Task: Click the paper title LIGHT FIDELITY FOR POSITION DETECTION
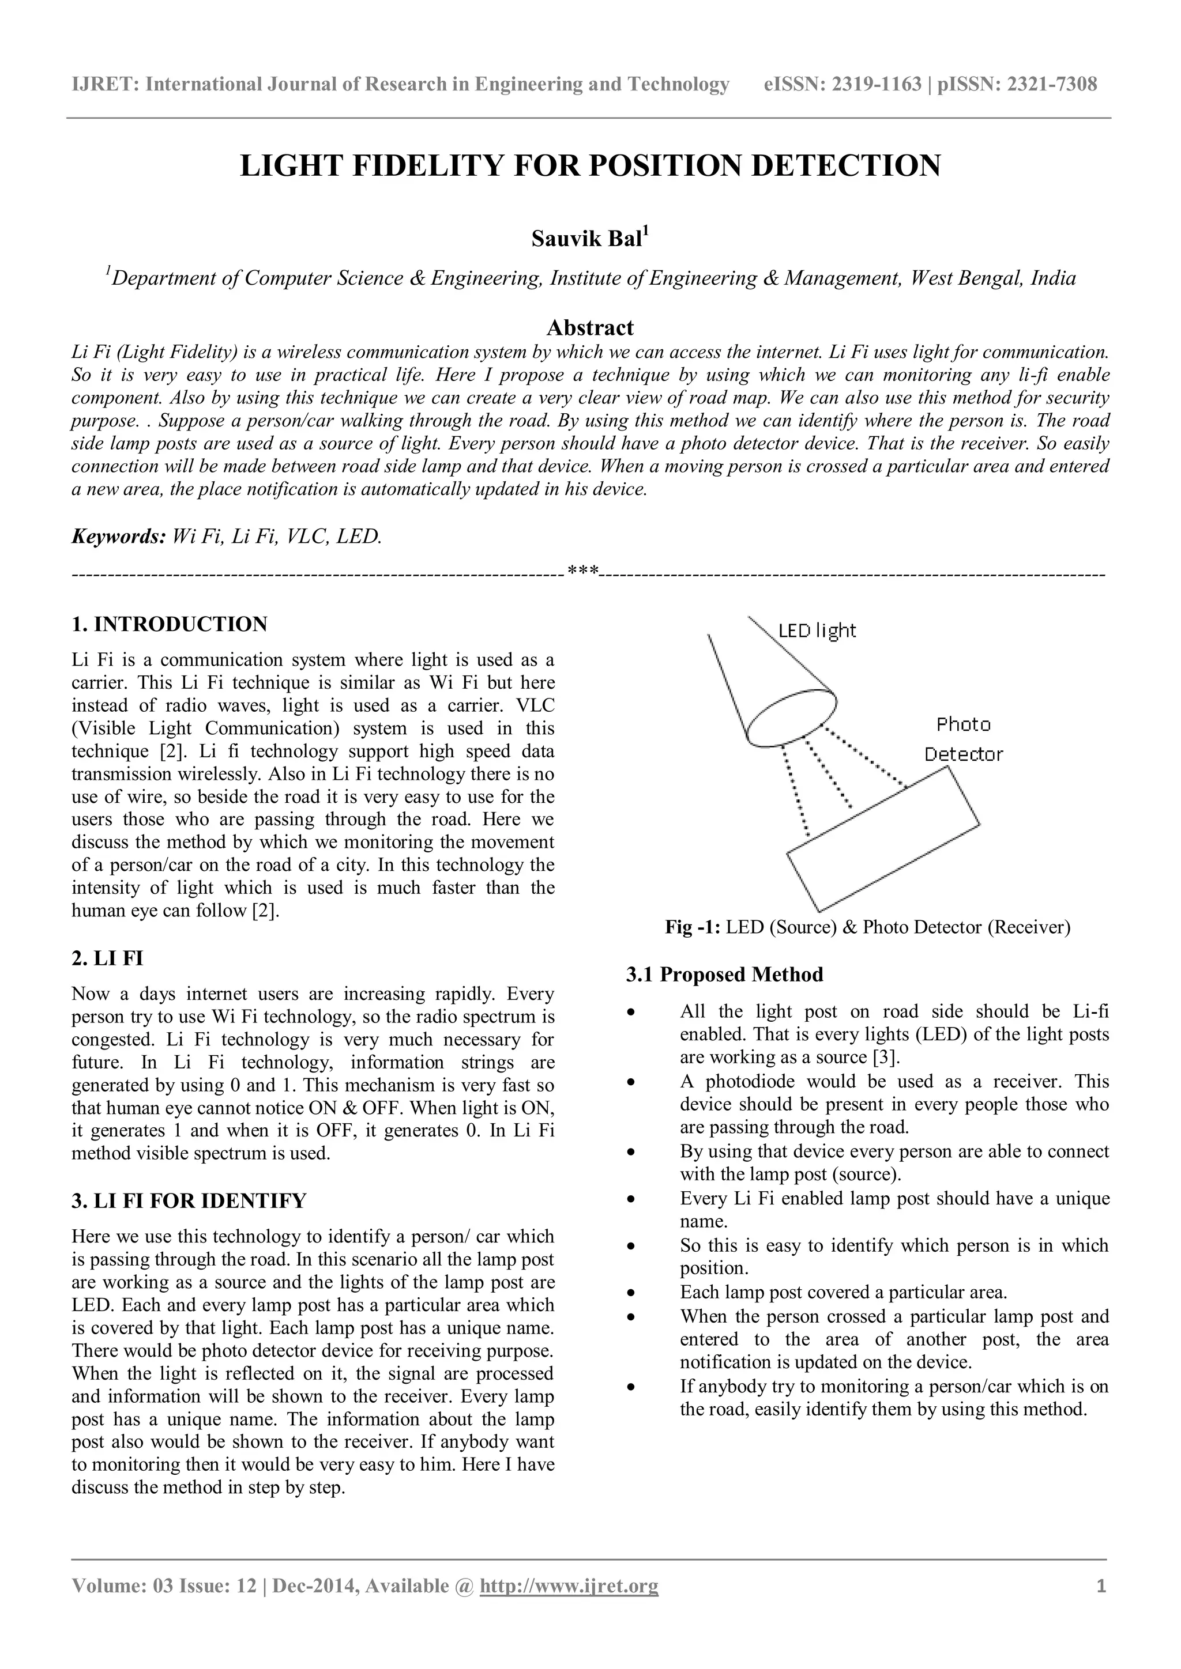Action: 590,167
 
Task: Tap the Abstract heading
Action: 590,327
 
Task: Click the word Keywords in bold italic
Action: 119,537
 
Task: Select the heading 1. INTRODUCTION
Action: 170,624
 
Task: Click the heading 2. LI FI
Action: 108,958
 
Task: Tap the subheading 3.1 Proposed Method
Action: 724,975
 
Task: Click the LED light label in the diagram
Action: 817,630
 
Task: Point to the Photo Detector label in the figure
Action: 963,739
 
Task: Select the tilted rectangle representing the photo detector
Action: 883,840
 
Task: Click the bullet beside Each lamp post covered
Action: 633,1293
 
